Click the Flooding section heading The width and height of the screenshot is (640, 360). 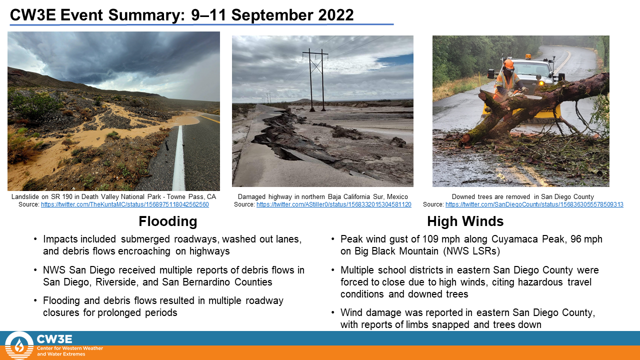(x=168, y=221)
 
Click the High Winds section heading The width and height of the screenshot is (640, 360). (x=465, y=221)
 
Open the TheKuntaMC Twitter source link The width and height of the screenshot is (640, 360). (x=125, y=204)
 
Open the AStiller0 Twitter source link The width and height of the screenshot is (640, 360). (x=333, y=204)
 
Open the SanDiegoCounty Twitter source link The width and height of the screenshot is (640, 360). (x=534, y=204)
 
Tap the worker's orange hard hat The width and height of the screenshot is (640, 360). (x=508, y=64)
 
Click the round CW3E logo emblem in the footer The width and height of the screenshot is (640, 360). (x=19, y=345)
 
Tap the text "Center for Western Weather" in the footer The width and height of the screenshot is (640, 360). (x=70, y=348)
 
